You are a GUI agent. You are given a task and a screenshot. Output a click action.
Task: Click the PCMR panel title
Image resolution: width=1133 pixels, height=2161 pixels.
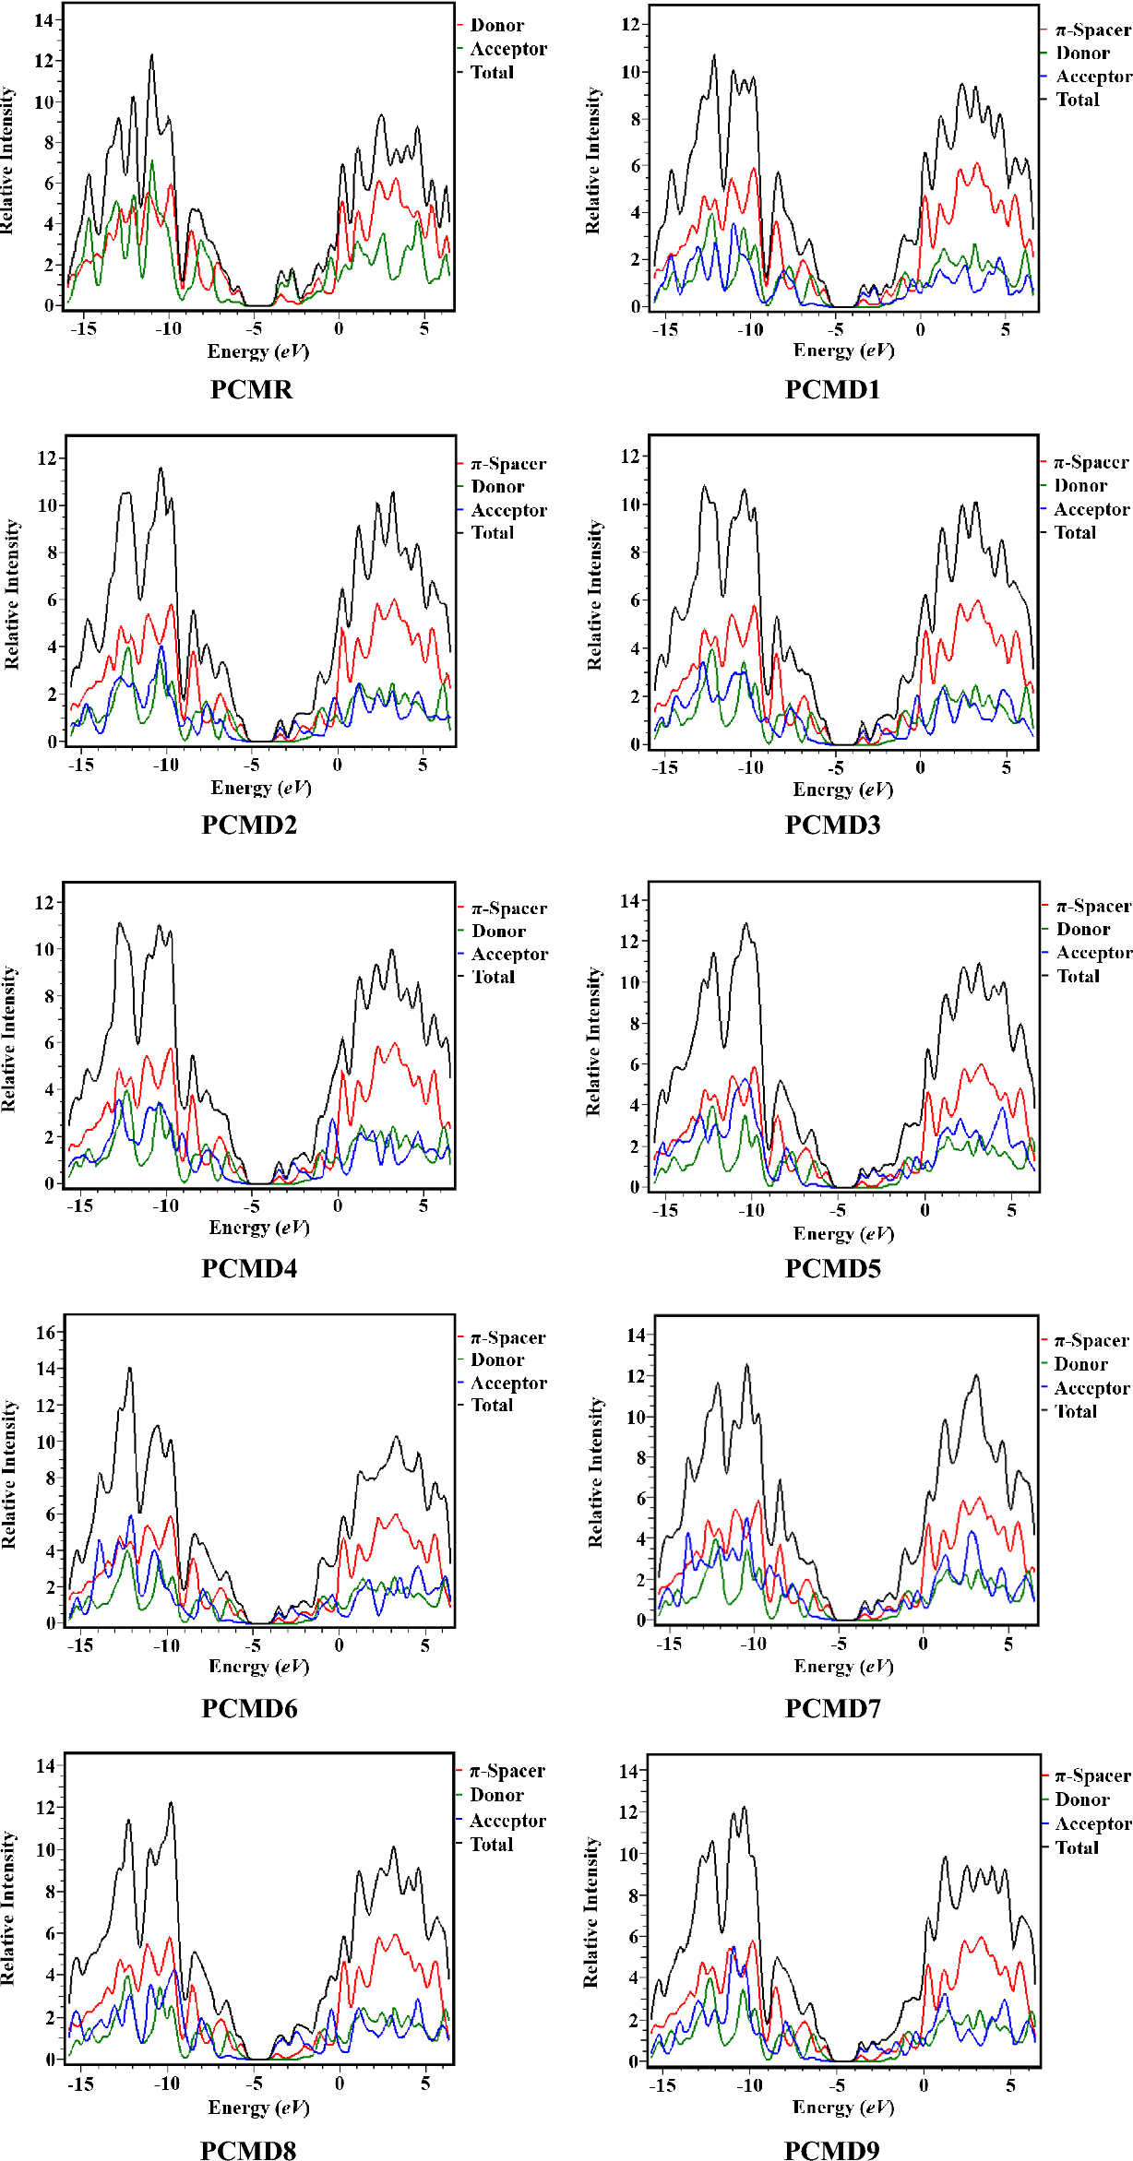[251, 389]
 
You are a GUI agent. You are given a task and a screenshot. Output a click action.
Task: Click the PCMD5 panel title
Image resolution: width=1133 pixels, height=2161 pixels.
[832, 1268]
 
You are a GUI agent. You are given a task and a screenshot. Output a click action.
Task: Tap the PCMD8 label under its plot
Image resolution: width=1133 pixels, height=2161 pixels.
[248, 2150]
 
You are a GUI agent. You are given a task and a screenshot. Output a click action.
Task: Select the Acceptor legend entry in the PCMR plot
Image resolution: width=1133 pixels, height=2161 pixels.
[507, 49]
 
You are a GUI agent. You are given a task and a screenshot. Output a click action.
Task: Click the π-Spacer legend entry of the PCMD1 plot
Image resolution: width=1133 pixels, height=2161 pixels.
[1092, 30]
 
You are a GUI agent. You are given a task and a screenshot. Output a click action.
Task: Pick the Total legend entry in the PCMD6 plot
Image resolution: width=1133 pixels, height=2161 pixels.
[492, 1406]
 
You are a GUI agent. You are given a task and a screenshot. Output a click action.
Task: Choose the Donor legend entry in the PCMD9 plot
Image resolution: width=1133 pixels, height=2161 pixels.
[1081, 1799]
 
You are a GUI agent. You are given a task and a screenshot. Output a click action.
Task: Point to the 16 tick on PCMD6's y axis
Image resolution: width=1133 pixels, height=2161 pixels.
[46, 1333]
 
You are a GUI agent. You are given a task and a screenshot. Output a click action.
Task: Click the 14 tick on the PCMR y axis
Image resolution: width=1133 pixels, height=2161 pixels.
[44, 20]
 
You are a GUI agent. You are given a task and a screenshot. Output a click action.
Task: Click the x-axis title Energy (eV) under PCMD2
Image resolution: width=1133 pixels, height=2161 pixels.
[261, 788]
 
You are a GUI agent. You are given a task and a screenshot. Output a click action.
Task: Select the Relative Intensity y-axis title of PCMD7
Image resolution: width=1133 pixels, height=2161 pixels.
[596, 1472]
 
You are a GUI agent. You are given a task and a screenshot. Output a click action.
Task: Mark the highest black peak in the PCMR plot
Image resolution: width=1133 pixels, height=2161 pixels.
[152, 55]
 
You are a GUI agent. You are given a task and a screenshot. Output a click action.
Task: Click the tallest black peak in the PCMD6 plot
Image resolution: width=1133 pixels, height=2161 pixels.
[130, 1368]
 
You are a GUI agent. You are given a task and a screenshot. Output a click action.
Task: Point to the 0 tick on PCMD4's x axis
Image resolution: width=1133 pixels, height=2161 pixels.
[338, 1205]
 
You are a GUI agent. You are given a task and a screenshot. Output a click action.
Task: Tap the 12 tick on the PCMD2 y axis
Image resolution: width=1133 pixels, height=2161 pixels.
[47, 458]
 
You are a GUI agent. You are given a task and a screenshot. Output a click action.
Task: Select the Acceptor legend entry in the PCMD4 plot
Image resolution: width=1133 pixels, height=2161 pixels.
[509, 955]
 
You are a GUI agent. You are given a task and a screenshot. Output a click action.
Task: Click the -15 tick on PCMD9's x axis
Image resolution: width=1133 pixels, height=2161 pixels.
[662, 2085]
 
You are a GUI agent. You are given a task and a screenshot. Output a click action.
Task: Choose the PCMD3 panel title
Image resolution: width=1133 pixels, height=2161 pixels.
[832, 825]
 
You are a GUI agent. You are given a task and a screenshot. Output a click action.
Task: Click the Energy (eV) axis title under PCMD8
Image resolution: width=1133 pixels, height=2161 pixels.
[258, 2108]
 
